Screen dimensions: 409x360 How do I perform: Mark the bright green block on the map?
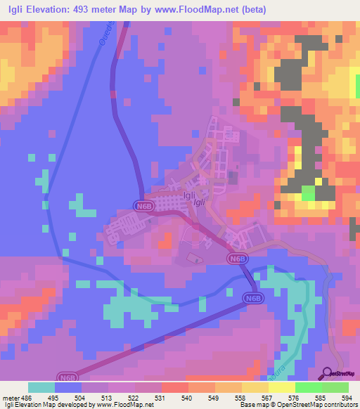pyautogui.click(x=308, y=193)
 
